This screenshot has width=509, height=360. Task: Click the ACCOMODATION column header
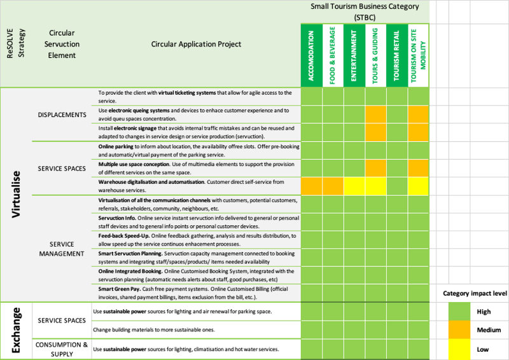[312, 55]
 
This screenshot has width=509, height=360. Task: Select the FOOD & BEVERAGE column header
[333, 55]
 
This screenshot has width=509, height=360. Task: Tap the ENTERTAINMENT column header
[354, 55]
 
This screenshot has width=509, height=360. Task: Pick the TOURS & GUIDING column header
[375, 55]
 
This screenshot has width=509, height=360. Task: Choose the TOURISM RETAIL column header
[397, 55]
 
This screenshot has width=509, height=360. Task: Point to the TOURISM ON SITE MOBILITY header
[418, 55]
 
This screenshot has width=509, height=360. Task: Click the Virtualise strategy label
[17, 195]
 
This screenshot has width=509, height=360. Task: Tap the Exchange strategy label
[17, 331]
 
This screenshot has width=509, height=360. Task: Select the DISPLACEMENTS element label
[62, 114]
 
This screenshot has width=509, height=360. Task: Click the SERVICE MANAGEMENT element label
[62, 249]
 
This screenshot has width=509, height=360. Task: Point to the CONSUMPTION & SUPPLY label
[62, 349]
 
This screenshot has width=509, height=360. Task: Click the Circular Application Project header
[196, 44]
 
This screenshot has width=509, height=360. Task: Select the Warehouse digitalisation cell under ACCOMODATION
[312, 186]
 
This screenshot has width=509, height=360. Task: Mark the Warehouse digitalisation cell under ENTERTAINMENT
[354, 186]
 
